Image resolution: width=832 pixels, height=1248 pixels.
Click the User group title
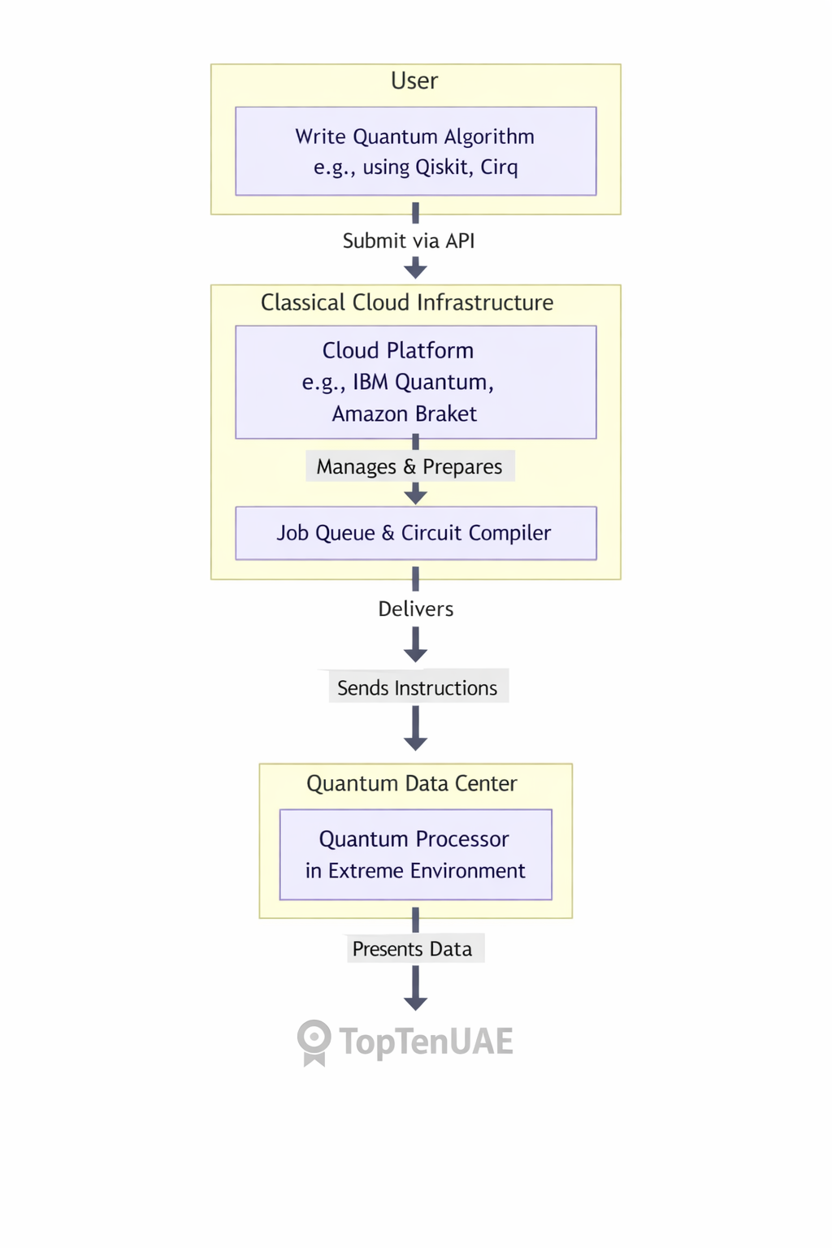[414, 81]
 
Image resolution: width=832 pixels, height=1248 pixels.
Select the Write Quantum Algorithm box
[415, 151]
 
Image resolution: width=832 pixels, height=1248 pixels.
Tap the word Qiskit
[442, 167]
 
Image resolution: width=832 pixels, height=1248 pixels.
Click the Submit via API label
[409, 241]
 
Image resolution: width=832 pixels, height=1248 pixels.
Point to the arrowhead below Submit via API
[415, 269]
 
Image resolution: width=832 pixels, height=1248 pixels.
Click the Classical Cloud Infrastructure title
[407, 303]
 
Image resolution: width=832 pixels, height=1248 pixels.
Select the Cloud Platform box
[415, 382]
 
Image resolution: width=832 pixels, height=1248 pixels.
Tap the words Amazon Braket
[405, 414]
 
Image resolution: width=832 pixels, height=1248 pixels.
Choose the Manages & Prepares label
[409, 467]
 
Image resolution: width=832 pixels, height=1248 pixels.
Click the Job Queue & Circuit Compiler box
[415, 533]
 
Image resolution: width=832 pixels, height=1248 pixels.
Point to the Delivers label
[415, 609]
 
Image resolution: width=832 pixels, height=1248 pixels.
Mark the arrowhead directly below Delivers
[415, 654]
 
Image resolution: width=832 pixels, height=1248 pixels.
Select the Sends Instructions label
[418, 688]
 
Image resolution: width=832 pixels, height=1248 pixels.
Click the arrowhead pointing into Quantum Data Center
[415, 743]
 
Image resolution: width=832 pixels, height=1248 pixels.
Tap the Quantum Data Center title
[412, 784]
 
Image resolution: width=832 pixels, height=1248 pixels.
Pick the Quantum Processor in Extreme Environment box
[415, 855]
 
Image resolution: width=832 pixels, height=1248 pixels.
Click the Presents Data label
[413, 949]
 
